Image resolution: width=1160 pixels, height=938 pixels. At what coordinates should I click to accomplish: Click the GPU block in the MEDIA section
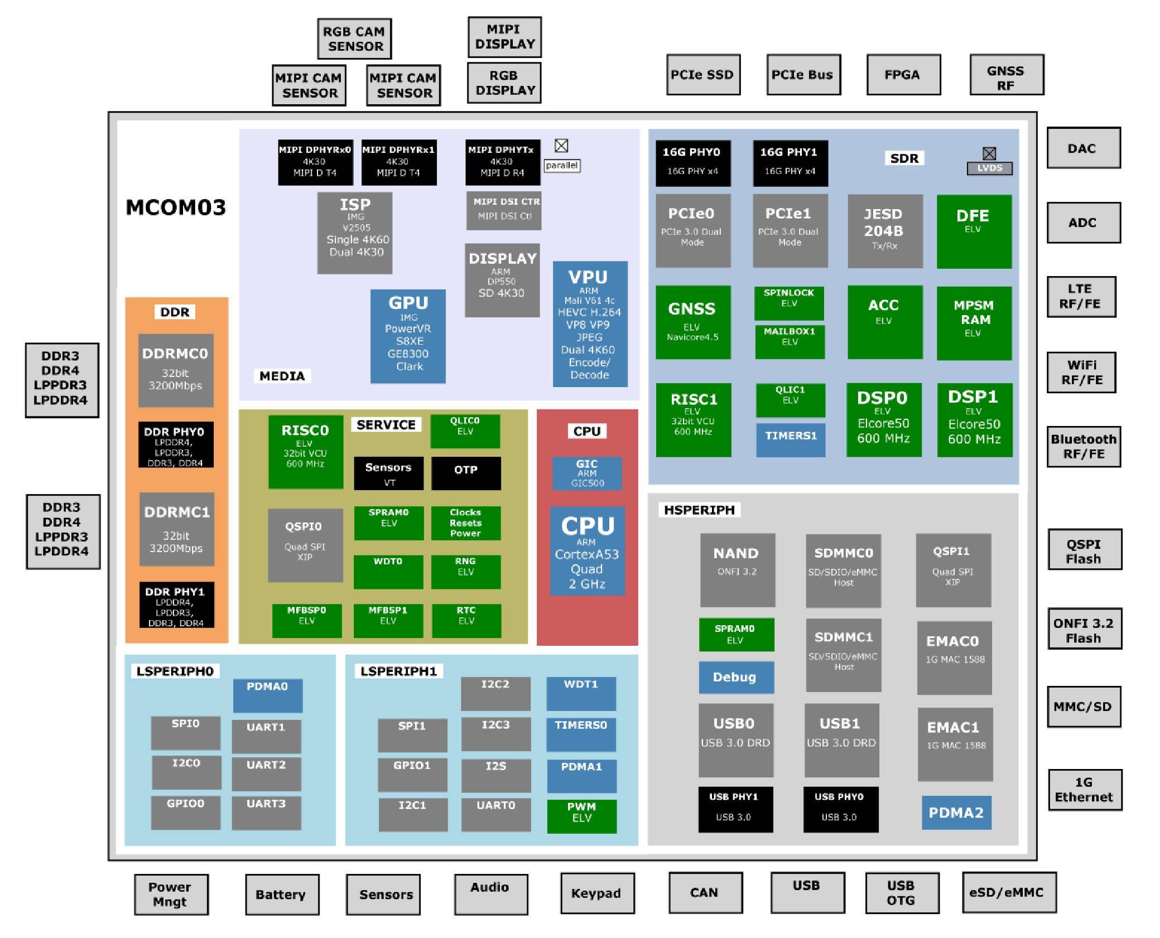point(408,336)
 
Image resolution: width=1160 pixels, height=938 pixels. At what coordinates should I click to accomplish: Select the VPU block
point(590,324)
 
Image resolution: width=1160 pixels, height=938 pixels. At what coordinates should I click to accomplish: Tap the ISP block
point(355,233)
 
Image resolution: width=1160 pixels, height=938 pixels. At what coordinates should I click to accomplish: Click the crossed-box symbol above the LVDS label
point(989,153)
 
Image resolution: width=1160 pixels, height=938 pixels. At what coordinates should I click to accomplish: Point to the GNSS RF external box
point(1006,75)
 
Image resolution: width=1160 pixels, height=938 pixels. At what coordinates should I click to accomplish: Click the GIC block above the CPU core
point(586,473)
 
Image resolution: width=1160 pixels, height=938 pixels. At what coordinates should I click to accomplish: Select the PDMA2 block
point(956,812)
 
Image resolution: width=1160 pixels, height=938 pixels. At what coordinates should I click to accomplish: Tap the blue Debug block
point(735,677)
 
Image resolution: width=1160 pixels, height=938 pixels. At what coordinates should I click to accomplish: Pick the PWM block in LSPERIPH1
point(581,816)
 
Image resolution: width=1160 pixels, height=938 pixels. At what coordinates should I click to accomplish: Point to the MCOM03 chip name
point(176,207)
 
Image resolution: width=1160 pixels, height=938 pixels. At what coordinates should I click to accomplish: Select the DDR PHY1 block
point(176,605)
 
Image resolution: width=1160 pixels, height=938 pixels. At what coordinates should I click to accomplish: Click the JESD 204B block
point(884,231)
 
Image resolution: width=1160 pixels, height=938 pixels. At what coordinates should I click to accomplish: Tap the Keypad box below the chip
point(596,893)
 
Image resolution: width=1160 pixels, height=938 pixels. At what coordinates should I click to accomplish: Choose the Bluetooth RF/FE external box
point(1083,446)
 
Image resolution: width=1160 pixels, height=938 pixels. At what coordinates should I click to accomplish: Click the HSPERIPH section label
point(699,510)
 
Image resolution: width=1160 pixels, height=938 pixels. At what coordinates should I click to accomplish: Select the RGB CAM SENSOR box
point(354,39)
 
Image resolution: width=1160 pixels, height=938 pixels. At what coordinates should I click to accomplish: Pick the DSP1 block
point(974,419)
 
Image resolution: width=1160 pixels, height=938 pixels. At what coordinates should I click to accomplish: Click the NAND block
point(737,569)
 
